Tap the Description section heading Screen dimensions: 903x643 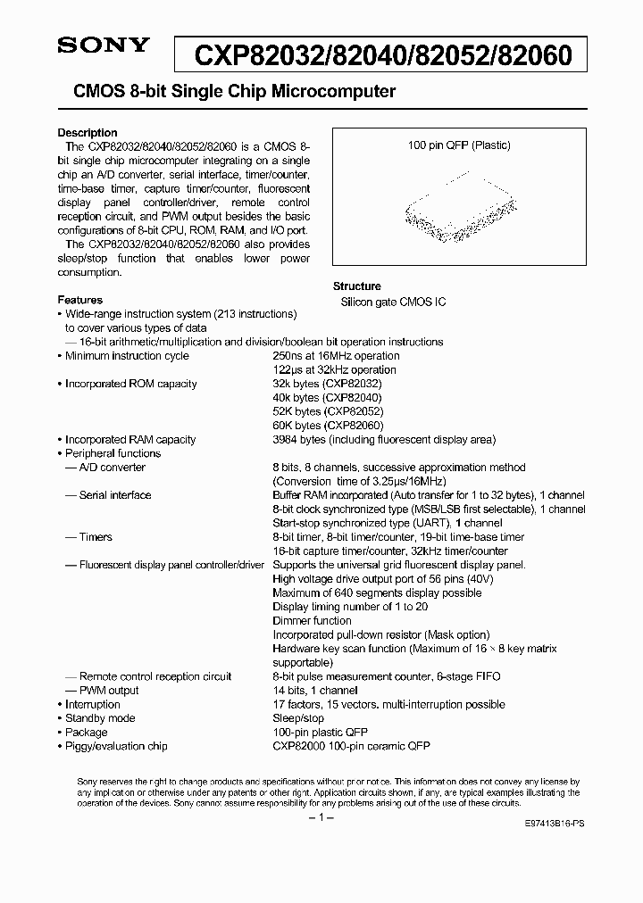click(x=88, y=132)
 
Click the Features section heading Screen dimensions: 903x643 click(x=80, y=300)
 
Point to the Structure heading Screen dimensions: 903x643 click(x=357, y=286)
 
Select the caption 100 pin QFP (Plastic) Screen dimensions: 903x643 click(x=459, y=145)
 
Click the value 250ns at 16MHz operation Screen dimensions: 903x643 click(x=335, y=356)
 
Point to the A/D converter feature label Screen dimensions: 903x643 click(x=112, y=468)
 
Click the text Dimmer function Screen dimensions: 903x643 click(x=312, y=620)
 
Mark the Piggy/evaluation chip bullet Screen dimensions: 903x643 click(x=116, y=746)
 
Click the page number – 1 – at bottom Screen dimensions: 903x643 click(x=321, y=818)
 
